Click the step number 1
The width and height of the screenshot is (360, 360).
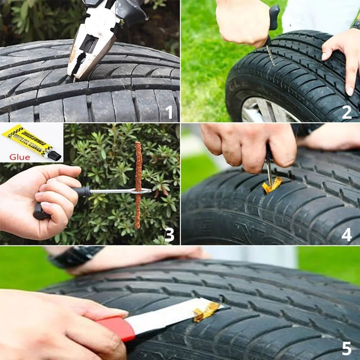tap(170, 112)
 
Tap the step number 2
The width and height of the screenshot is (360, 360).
tap(346, 112)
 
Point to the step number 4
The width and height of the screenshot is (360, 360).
tap(346, 234)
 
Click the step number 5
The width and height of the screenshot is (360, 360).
tap(346, 348)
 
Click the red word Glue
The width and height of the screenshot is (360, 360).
tap(20, 157)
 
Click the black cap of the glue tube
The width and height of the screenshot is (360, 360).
tap(54, 156)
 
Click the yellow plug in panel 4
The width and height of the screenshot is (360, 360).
tap(272, 185)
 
